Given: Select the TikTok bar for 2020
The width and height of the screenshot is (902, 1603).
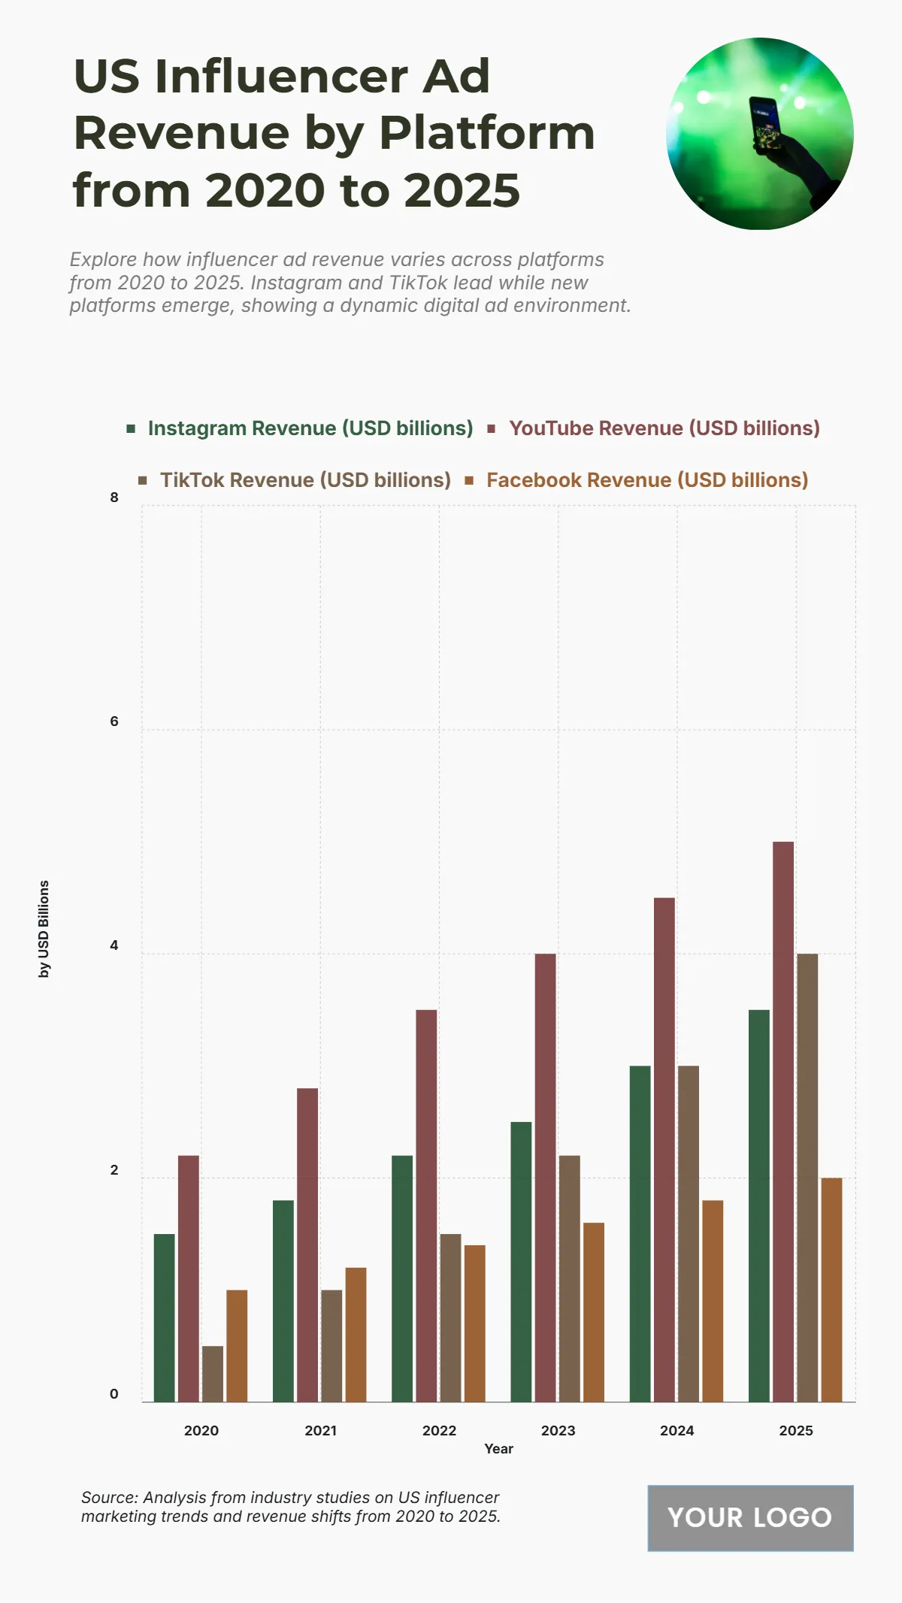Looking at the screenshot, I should (213, 1374).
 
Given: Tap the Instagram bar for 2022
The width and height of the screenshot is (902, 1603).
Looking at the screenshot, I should (402, 1278).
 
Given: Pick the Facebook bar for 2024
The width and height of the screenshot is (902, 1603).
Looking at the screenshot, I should (713, 1301).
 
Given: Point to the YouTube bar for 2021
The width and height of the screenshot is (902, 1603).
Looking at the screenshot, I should (307, 1245).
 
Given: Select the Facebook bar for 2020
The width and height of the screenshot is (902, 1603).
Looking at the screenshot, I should (237, 1346).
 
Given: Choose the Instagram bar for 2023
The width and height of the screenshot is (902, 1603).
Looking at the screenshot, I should (521, 1262).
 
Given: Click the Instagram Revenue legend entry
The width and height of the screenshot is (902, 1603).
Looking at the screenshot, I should (310, 428).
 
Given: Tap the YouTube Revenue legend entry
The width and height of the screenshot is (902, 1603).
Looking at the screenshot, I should (664, 428).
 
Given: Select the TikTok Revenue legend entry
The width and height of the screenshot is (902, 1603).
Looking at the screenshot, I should (304, 480).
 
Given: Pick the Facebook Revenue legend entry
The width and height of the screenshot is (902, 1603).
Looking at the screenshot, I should (646, 480).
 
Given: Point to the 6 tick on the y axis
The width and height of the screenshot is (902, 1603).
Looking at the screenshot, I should (114, 721).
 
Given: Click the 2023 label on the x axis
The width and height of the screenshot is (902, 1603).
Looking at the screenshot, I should (558, 1430).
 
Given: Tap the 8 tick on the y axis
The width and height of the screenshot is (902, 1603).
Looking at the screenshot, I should (114, 497).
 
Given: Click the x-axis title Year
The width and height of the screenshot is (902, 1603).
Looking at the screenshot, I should (498, 1448).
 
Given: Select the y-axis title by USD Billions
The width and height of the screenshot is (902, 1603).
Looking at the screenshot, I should (44, 929).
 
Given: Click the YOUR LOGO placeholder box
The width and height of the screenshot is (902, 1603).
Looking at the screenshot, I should (750, 1517).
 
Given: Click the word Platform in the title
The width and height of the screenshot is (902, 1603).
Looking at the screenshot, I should (487, 133).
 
